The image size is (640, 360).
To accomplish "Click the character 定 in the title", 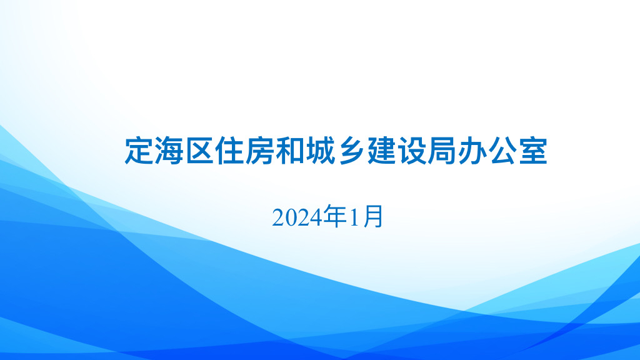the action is tap(139, 151).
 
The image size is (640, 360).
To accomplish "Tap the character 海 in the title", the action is tap(169, 151).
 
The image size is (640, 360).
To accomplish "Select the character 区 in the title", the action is tap(199, 151).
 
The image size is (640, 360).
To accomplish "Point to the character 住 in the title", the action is tap(230, 151).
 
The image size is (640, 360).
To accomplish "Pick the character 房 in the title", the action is tap(260, 151).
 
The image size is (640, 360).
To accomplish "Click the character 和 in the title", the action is tap(291, 151).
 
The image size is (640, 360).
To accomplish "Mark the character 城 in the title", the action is tap(321, 151).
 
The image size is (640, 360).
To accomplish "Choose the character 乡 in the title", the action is tap(351, 151).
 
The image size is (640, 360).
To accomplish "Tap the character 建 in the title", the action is tap(382, 151).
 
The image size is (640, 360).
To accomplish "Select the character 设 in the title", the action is tap(412, 151).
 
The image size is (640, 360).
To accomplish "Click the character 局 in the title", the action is tap(442, 151).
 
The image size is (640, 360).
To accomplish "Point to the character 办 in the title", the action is tap(472, 151).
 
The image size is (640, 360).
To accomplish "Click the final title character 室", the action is tap(533, 151).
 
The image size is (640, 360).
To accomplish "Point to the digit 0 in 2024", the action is tap(291, 217).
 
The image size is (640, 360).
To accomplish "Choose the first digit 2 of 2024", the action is tap(279, 217).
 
